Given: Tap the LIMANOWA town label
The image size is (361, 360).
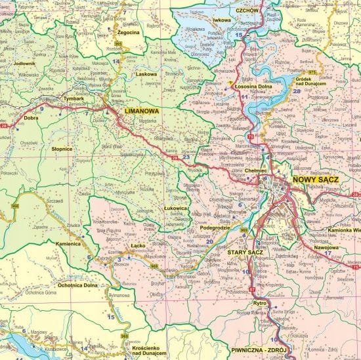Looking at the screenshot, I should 142,112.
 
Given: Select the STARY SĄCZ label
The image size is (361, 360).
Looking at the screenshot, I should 245,252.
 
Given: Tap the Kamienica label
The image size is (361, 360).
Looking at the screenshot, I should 68,243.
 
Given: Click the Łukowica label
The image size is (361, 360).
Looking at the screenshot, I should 177,208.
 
